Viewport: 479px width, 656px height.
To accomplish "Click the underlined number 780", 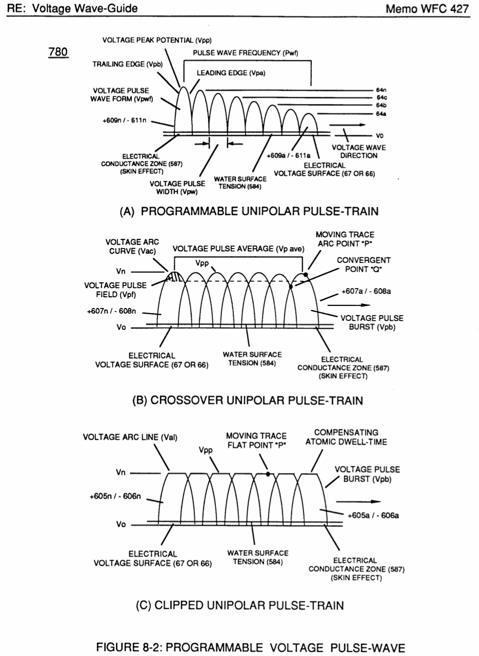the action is pyautogui.click(x=58, y=52).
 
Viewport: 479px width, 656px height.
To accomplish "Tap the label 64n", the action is pyautogui.click(x=381, y=90).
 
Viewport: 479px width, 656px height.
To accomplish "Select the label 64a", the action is pyautogui.click(x=381, y=114).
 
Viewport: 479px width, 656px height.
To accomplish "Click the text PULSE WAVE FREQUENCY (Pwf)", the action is pyautogui.click(x=245, y=53).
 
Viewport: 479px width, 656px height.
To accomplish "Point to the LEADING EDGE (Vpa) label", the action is pyautogui.click(x=231, y=73).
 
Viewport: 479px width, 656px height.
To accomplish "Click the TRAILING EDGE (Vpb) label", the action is pyautogui.click(x=128, y=64).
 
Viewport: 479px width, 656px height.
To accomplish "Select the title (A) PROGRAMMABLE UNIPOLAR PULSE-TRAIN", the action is pyautogui.click(x=249, y=211).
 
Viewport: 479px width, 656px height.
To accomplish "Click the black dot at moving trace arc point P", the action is pyautogui.click(x=306, y=274).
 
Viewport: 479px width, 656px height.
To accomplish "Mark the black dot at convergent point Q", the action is pyautogui.click(x=291, y=286).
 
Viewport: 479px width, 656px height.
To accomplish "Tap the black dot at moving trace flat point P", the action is pyautogui.click(x=268, y=474).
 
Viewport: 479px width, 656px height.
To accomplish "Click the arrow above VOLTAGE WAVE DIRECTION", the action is pyautogui.click(x=347, y=125).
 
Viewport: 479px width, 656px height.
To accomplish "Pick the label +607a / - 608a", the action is pyautogui.click(x=366, y=292).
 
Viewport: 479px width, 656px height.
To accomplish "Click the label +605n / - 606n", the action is pyautogui.click(x=115, y=496).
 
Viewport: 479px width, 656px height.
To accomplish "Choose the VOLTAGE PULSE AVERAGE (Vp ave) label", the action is pyautogui.click(x=238, y=249).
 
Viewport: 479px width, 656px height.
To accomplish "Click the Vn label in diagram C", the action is pyautogui.click(x=121, y=473).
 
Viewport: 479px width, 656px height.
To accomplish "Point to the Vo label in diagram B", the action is pyautogui.click(x=121, y=327).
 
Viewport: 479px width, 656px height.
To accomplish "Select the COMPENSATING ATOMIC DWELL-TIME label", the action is pyautogui.click(x=346, y=437).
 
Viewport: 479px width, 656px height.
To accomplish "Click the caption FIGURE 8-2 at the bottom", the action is pyautogui.click(x=251, y=647).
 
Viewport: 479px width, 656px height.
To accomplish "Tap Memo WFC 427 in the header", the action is pyautogui.click(x=427, y=9).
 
